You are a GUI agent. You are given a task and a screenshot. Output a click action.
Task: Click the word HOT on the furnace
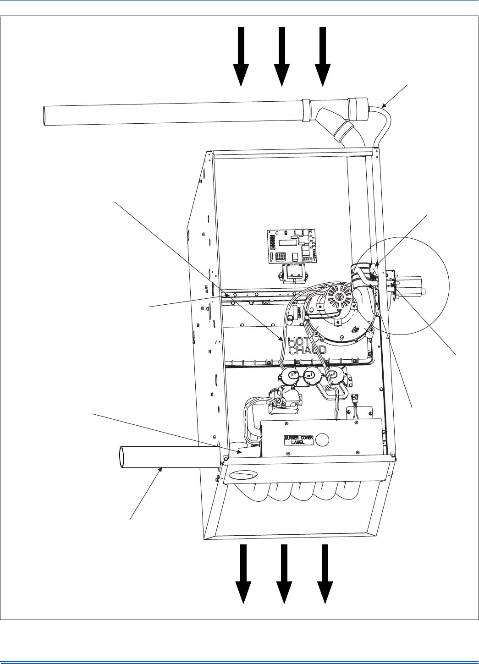[x=298, y=341]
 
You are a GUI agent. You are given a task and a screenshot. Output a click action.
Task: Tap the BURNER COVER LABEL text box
[x=299, y=440]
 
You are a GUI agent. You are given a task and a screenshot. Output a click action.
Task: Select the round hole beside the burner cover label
[x=322, y=440]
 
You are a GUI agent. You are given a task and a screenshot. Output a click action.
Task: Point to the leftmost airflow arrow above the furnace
[x=241, y=57]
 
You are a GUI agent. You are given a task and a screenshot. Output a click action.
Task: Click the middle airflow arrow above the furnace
[x=282, y=57]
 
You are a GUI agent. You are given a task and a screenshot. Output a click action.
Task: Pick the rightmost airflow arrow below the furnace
[x=325, y=574]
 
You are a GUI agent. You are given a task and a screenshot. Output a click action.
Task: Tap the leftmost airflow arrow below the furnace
[x=243, y=574]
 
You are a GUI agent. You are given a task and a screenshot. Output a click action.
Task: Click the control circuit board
[x=291, y=246]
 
